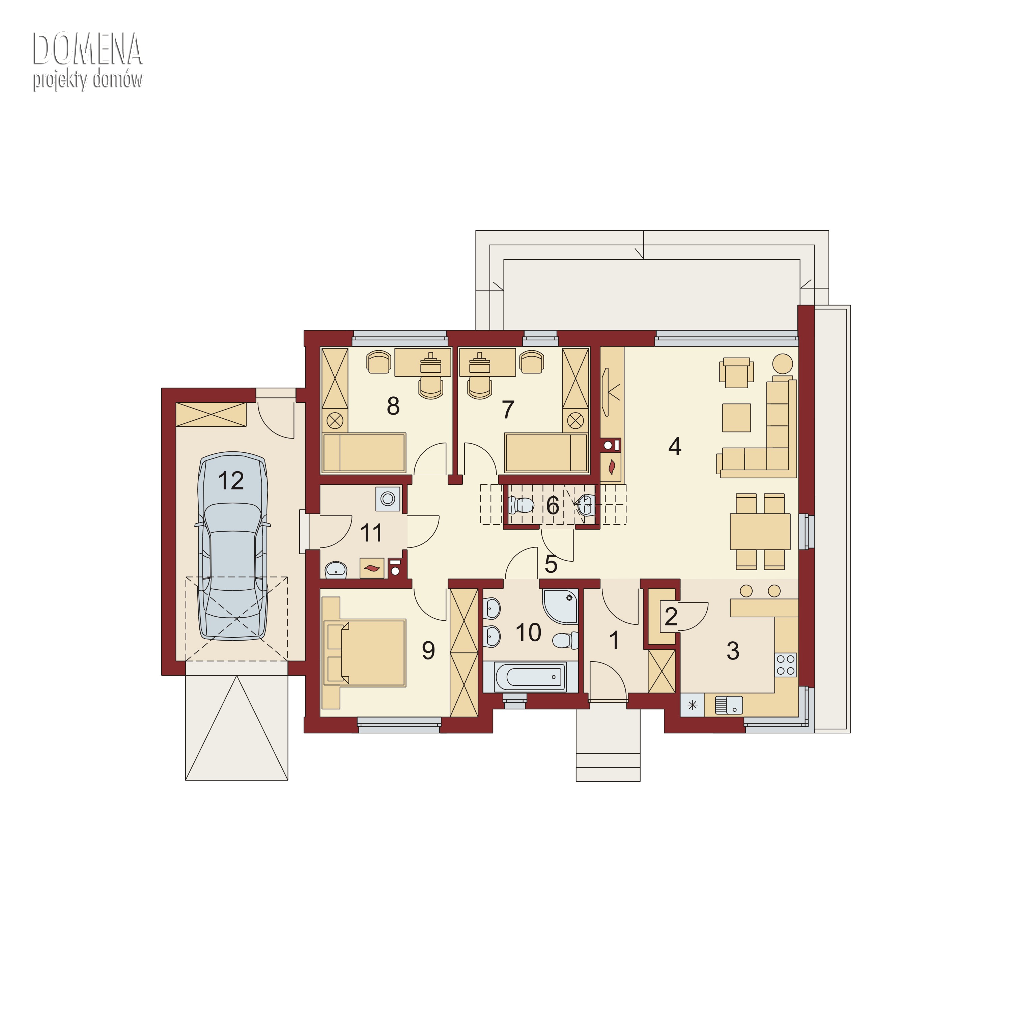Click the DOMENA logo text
coord(87,48)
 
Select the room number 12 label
coord(231,481)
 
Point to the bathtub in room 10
coord(530,677)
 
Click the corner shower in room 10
coord(560,607)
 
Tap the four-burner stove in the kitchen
coord(786,665)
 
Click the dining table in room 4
coord(760,531)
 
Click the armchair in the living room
coord(736,372)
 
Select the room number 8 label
coord(393,406)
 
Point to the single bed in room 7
coord(546,453)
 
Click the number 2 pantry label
coord(671,617)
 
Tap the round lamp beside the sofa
coord(783,364)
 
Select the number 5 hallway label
coord(551,564)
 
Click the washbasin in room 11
coord(336,569)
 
